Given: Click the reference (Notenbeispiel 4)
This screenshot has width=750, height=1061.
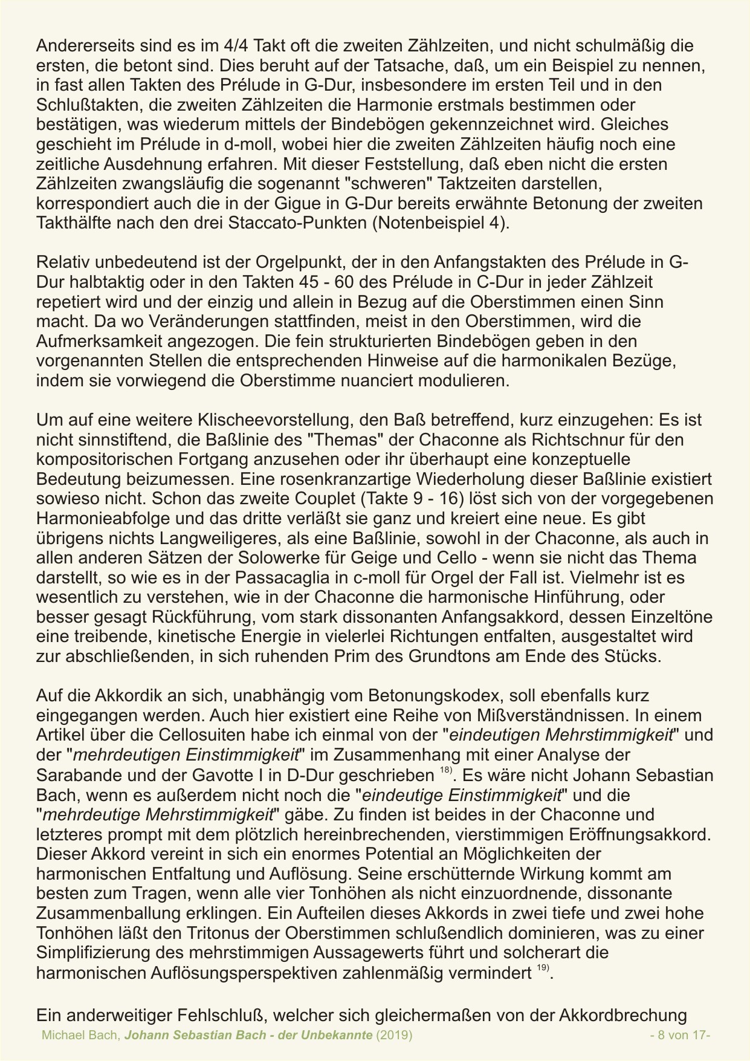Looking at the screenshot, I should (x=441, y=222).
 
